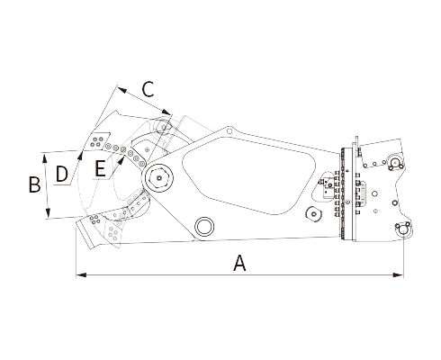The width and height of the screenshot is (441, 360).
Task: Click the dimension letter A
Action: pyautogui.click(x=239, y=263)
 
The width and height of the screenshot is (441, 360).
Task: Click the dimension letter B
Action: pyautogui.click(x=34, y=184)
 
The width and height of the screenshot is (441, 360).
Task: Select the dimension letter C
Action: pyautogui.click(x=148, y=89)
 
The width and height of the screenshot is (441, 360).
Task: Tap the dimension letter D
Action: pyautogui.click(x=62, y=174)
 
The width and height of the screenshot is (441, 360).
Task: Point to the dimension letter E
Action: pyautogui.click(x=100, y=168)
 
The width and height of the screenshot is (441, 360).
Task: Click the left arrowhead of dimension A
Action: pyautogui.click(x=81, y=274)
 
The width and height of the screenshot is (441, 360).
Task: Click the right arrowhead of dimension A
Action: pyautogui.click(x=398, y=274)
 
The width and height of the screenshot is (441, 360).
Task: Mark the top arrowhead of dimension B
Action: pyautogui.click(x=45, y=157)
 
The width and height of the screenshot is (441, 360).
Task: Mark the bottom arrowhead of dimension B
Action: pyautogui.click(x=48, y=212)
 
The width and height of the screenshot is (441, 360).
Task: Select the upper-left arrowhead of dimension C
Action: pyautogui.click(x=122, y=90)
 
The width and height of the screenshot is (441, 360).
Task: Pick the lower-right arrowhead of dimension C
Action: pyautogui.click(x=167, y=112)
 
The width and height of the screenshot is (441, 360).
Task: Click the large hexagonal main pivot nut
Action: pyautogui.click(x=158, y=178)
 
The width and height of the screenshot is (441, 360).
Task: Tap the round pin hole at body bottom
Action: pyautogui.click(x=204, y=226)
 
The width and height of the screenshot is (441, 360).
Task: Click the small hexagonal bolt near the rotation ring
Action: pyautogui.click(x=313, y=214)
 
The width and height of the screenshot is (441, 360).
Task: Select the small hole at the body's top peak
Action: pyautogui.click(x=229, y=131)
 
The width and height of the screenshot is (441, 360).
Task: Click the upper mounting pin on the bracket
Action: pyautogui.click(x=395, y=163)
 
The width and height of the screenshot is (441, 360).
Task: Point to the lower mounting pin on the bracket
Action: pyautogui.click(x=401, y=229)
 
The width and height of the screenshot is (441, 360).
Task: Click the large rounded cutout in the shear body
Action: pyautogui.click(x=248, y=175)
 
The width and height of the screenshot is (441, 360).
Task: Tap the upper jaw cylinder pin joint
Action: pyautogui.click(x=164, y=127)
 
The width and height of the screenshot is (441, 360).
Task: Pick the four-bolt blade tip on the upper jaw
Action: pyautogui.click(x=97, y=141)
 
